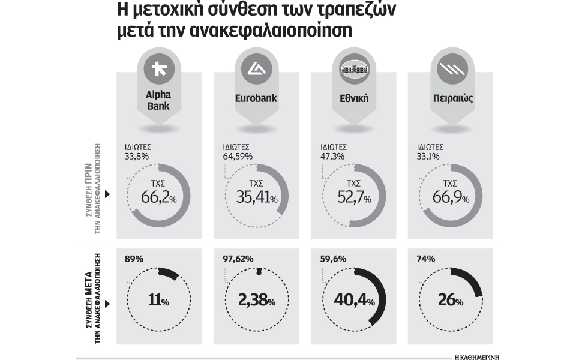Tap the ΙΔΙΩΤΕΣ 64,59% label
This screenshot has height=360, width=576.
tap(237, 151)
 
